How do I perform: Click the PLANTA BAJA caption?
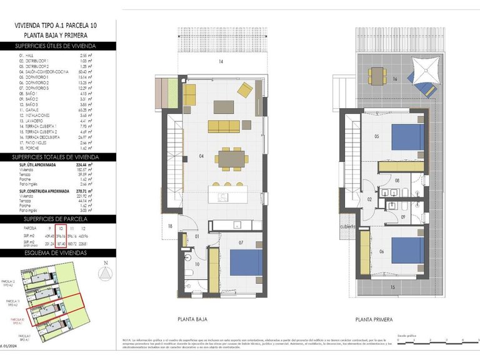click(193, 319)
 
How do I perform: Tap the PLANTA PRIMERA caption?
click(374, 319)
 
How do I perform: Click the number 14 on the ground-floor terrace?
click(221, 62)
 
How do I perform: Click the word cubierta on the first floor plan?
click(348, 227)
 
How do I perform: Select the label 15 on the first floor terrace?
click(392, 287)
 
